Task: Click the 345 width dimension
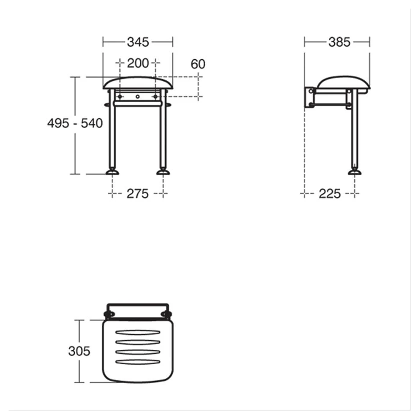click(138, 42)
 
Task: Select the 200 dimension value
click(138, 64)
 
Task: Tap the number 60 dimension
click(198, 64)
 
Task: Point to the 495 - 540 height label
click(75, 124)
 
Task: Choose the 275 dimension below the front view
click(138, 194)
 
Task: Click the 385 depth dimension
click(339, 42)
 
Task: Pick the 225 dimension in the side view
click(330, 194)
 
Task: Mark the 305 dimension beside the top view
click(79, 351)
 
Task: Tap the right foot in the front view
click(163, 172)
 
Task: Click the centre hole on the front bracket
click(138, 97)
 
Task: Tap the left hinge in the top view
click(109, 315)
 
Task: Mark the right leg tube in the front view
click(163, 133)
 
